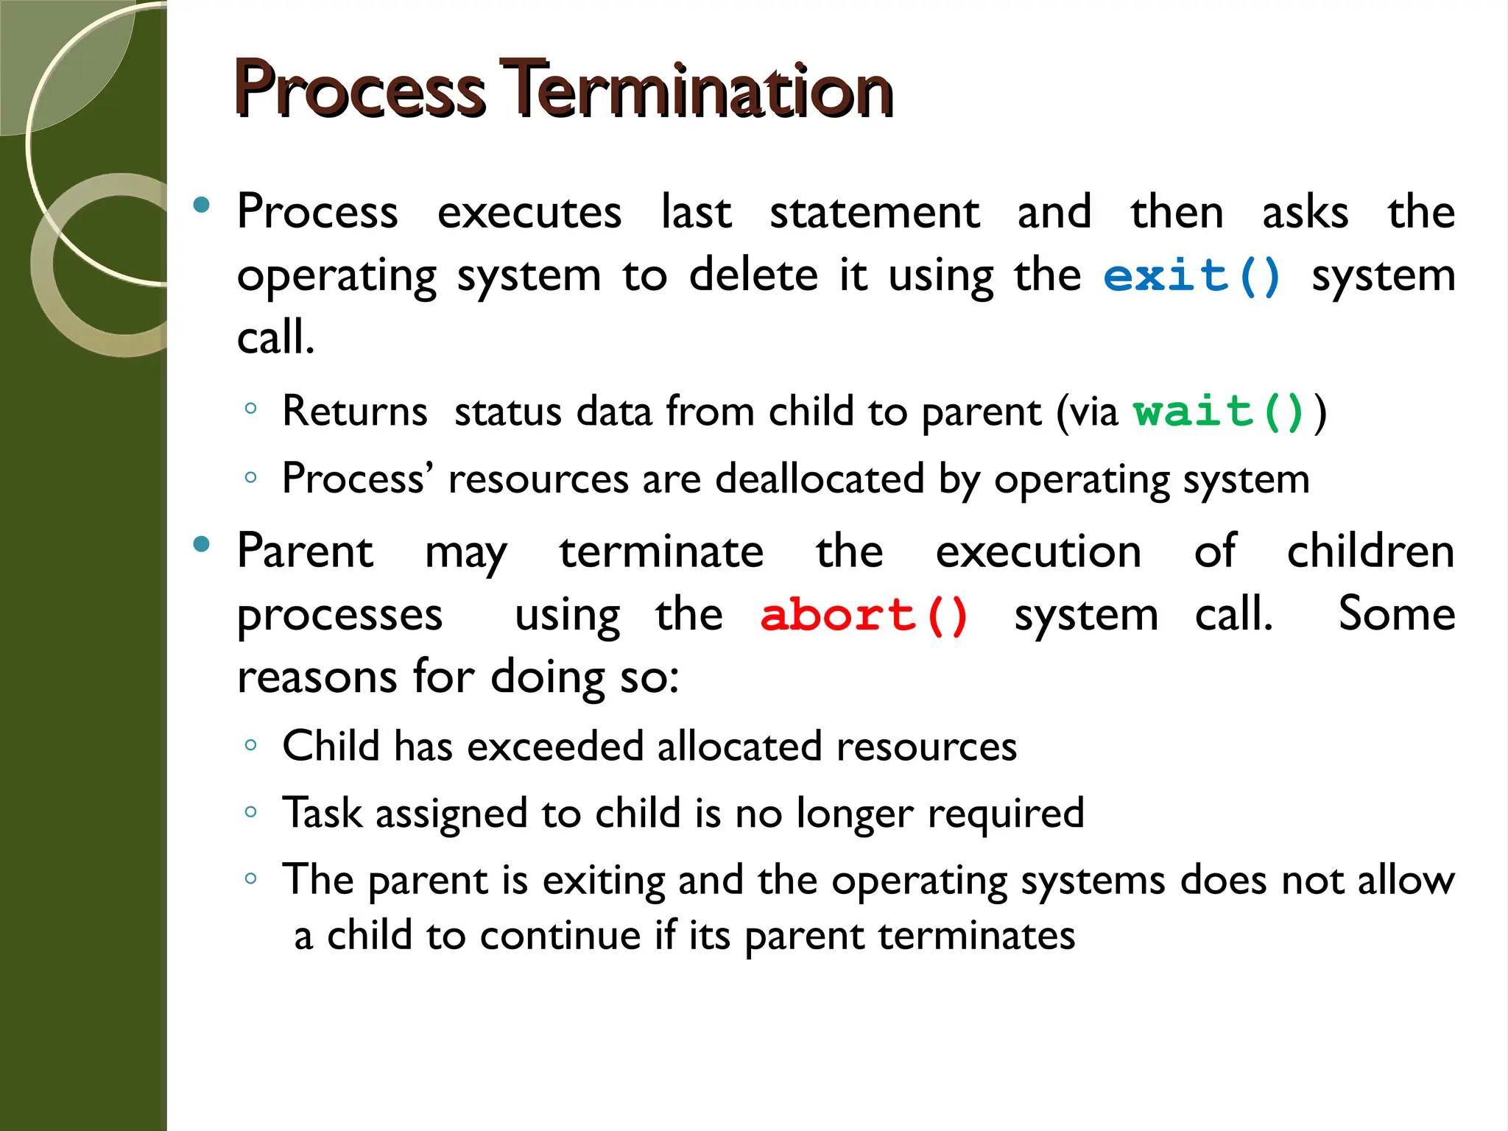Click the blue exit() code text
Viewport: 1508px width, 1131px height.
[1192, 277]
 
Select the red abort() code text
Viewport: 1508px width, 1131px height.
[864, 616]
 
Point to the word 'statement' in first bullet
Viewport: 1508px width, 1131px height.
[874, 214]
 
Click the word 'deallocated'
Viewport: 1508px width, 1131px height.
[819, 479]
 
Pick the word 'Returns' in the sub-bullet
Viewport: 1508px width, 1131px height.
[354, 412]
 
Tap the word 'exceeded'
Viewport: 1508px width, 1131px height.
[554, 747]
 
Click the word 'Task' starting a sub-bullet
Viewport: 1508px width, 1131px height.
[322, 814]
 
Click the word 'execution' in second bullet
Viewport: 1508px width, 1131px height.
[1038, 552]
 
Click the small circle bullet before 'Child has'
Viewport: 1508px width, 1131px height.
[251, 746]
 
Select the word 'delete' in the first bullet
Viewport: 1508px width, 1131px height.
[753, 276]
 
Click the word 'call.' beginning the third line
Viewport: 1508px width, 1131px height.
[275, 339]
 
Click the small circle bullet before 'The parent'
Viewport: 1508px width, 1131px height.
[251, 878]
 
